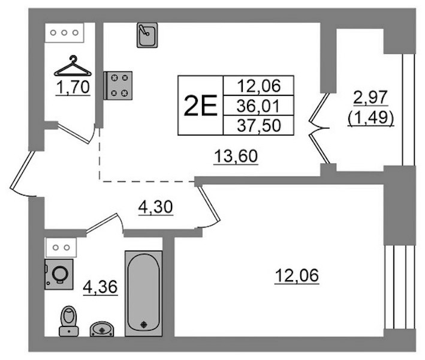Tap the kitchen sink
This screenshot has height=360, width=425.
point(147,35)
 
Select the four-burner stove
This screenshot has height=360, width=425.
point(118,85)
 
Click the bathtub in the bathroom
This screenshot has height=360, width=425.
point(143,293)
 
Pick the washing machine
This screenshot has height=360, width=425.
point(59,274)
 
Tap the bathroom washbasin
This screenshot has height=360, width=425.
point(102,329)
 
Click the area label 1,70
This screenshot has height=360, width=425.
point(73,88)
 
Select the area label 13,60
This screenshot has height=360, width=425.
point(236,157)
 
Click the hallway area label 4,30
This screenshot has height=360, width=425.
point(156,207)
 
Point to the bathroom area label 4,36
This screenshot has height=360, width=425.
point(100,287)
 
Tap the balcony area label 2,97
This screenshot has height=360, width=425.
point(371,97)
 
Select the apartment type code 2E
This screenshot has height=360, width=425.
point(200,106)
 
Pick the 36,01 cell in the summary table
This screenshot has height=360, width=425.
point(258,106)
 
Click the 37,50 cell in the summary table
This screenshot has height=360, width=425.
point(258,125)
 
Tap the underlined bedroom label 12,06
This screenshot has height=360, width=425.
point(297,275)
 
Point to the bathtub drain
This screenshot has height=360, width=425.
point(143,325)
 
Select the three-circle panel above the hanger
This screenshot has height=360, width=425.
point(64,32)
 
